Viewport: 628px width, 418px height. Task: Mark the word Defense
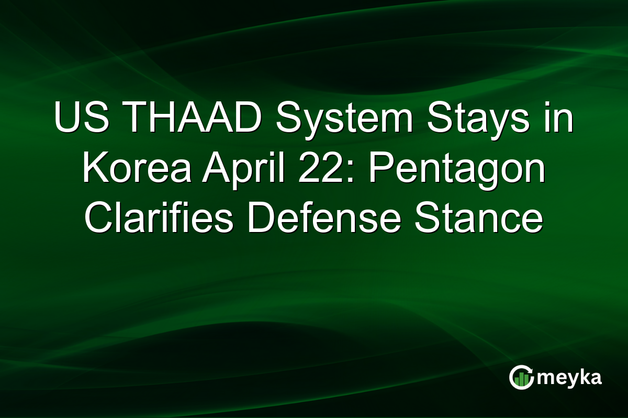click(x=323, y=219)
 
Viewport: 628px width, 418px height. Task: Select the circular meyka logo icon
click(x=522, y=378)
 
